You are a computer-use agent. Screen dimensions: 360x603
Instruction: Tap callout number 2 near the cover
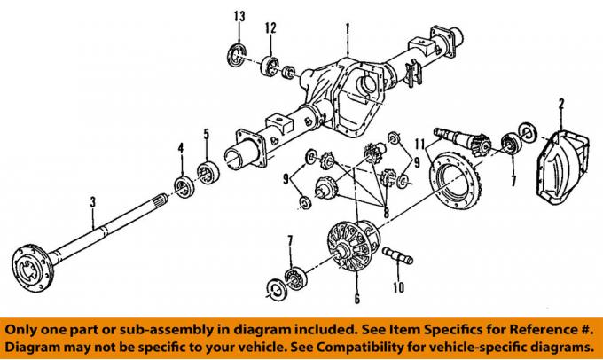click(560, 106)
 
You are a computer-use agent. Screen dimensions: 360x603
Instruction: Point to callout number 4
click(181, 147)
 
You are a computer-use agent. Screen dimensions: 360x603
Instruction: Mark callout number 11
click(431, 143)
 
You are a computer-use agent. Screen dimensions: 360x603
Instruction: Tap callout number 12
click(270, 28)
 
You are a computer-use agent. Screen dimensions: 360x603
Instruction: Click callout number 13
click(239, 17)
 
